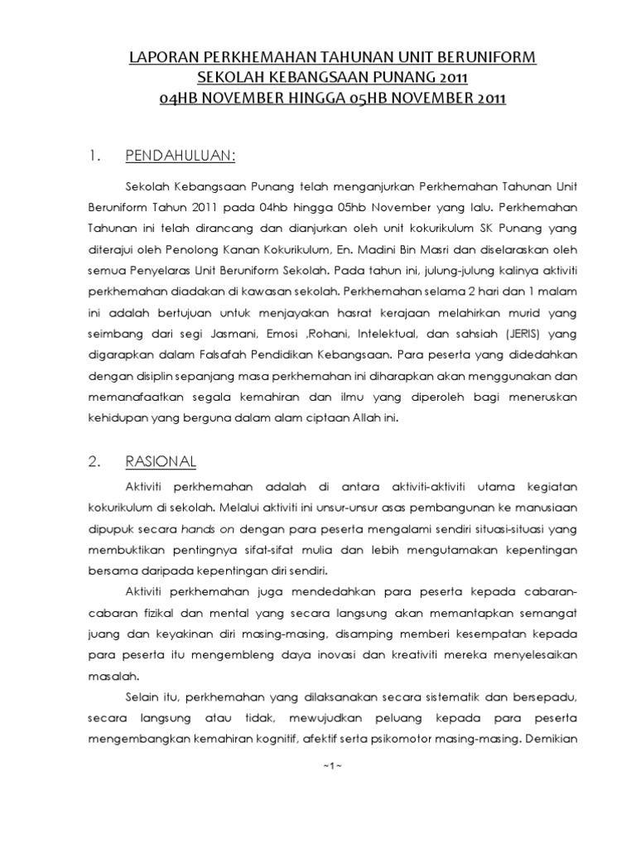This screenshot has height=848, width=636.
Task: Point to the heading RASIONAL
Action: (161, 461)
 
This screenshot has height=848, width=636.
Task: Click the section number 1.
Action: (94, 155)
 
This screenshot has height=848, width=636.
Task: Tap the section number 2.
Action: (94, 461)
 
